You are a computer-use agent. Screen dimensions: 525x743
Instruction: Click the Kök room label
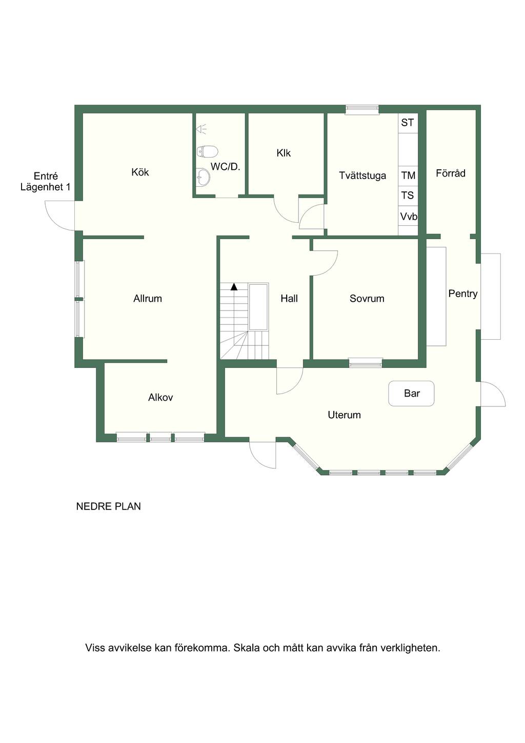coord(140,172)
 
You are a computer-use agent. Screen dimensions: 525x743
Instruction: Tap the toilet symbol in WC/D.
coord(207,152)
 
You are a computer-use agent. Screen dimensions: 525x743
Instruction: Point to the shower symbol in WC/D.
coord(201,128)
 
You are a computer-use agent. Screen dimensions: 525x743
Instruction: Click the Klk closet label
coord(284,153)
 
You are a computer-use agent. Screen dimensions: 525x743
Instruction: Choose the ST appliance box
coord(408,123)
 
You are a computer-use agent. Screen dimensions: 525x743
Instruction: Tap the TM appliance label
coord(408,175)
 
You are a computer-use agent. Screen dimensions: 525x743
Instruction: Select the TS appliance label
coord(408,195)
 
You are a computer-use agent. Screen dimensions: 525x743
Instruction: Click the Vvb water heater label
coord(408,217)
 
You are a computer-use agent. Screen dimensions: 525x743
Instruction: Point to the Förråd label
coord(451,173)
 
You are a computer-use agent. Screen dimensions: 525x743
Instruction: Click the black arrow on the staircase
coord(234,287)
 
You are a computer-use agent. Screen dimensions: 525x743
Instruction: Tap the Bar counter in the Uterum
coord(411,394)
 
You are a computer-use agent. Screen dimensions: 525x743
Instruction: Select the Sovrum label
coord(367,299)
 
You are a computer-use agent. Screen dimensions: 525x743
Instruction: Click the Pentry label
coord(462,294)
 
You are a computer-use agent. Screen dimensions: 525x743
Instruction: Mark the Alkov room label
coord(160,397)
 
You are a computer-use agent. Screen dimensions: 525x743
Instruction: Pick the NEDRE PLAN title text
coord(108,506)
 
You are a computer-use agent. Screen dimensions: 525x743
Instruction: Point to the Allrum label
coord(148,299)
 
